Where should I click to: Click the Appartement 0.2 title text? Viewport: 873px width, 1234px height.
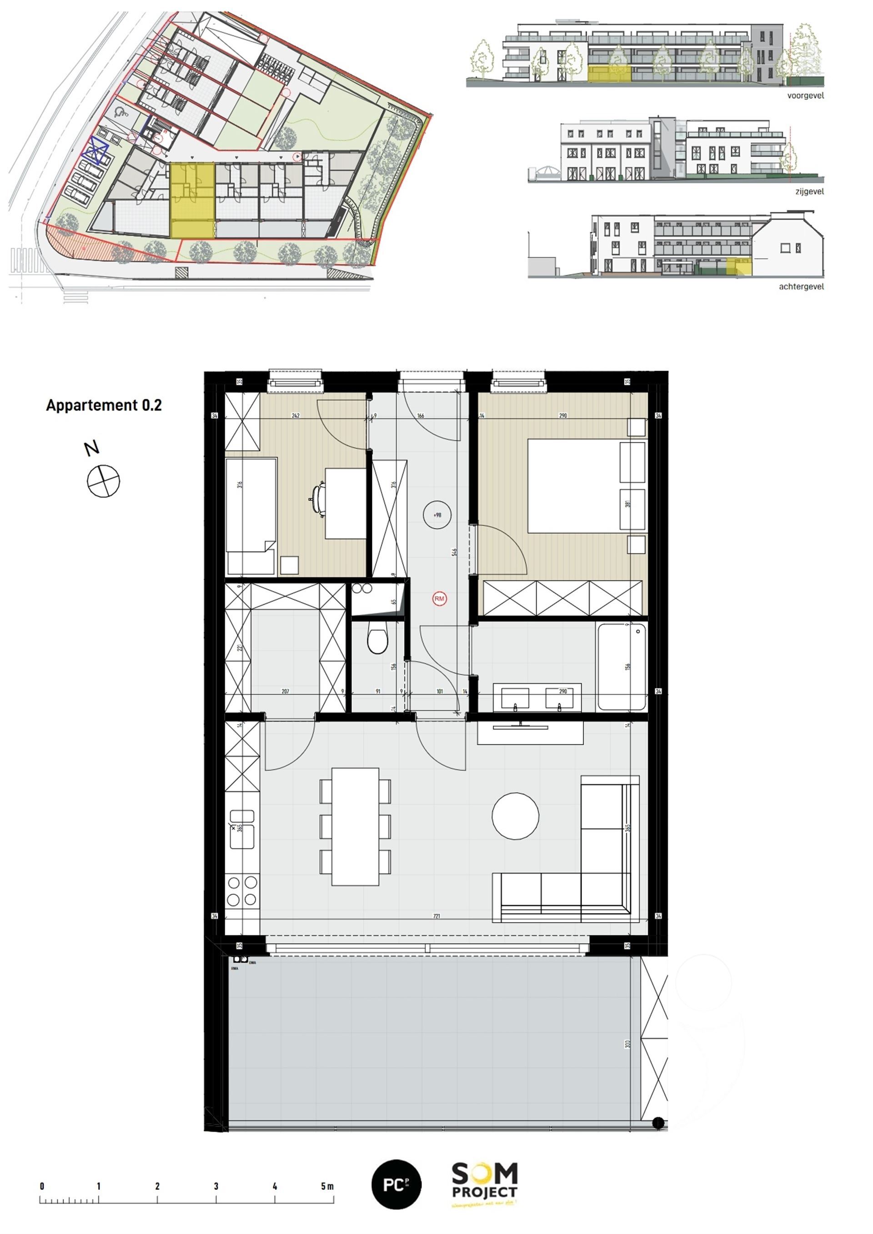pyautogui.click(x=104, y=405)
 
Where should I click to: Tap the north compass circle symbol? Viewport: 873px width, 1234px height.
pyautogui.click(x=103, y=481)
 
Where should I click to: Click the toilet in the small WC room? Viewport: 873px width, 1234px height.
pyautogui.click(x=377, y=640)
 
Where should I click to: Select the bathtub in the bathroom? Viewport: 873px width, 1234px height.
pyautogui.click(x=622, y=666)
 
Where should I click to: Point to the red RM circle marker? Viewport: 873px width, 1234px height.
pyautogui.click(x=439, y=598)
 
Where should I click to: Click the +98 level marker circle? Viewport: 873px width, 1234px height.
pyautogui.click(x=437, y=515)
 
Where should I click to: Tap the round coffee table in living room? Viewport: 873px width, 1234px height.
pyautogui.click(x=515, y=815)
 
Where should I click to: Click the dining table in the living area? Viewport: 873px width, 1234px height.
pyautogui.click(x=355, y=826)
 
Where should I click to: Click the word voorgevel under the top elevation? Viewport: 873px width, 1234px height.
pyautogui.click(x=805, y=95)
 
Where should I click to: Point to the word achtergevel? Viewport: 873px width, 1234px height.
pyautogui.click(x=801, y=287)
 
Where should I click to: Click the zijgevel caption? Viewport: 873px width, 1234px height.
pyautogui.click(x=809, y=191)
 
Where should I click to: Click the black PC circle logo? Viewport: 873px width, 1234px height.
pyautogui.click(x=396, y=1184)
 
